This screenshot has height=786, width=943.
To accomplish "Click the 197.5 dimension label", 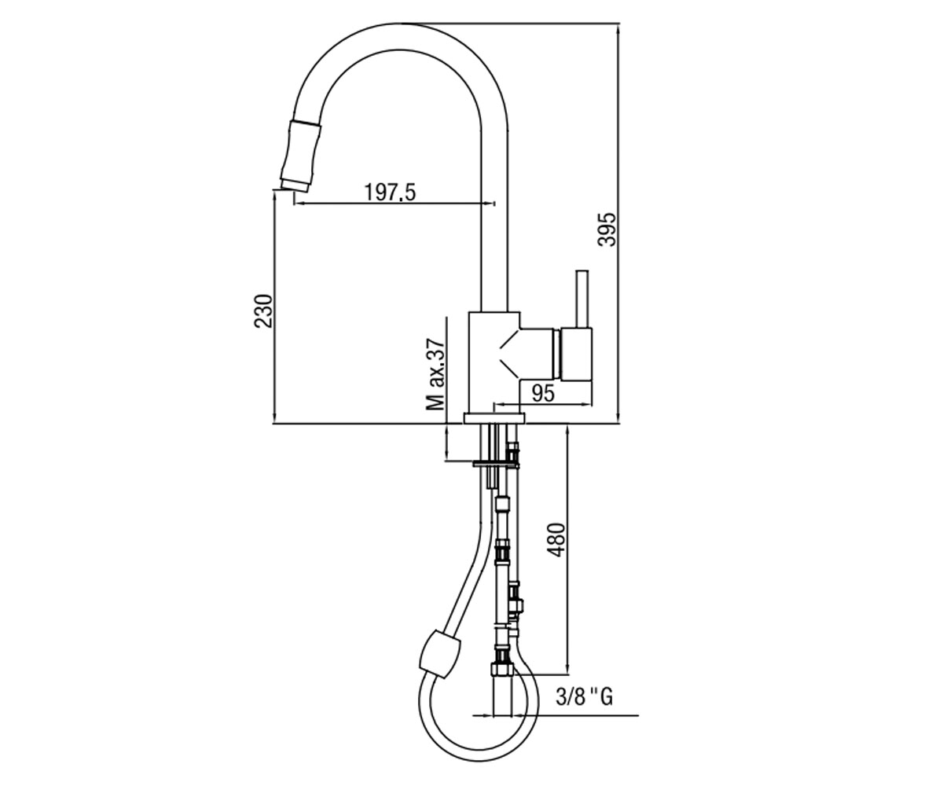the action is tap(390, 193).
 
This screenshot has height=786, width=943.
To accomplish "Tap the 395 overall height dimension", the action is tap(607, 230).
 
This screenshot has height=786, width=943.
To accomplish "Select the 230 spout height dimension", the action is tap(264, 311).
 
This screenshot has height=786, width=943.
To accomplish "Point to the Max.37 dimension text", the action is tap(436, 374).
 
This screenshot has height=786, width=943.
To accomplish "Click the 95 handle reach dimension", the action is tap(543, 394).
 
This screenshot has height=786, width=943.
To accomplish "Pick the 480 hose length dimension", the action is tap(556, 540).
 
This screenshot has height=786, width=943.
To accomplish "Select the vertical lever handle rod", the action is tap(582, 299).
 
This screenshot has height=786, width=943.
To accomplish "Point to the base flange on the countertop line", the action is tap(494, 418).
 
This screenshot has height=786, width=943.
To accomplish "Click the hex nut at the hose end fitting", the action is tap(503, 669).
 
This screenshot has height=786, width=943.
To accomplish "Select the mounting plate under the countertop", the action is tap(495, 464).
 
